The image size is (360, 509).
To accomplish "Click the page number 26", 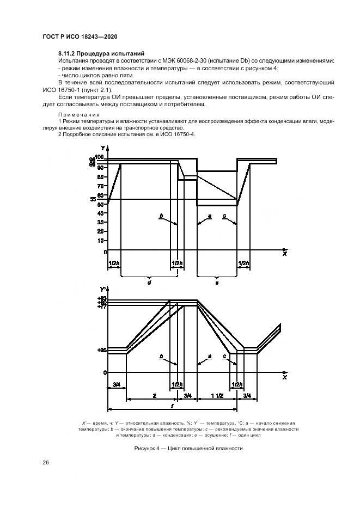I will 46,463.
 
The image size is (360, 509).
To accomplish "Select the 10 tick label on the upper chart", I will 100,243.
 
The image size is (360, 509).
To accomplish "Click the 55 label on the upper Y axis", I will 100,200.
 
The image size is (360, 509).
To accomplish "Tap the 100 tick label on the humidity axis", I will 99,156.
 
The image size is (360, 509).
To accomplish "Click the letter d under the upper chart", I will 149,282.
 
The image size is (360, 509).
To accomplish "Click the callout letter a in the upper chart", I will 209,216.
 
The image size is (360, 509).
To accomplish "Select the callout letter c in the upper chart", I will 225,216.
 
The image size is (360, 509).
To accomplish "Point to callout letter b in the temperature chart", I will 161,356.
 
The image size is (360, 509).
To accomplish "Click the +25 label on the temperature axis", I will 101,351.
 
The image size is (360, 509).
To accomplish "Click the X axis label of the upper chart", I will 284,254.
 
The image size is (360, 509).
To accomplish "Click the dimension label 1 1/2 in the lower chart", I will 217,395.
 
